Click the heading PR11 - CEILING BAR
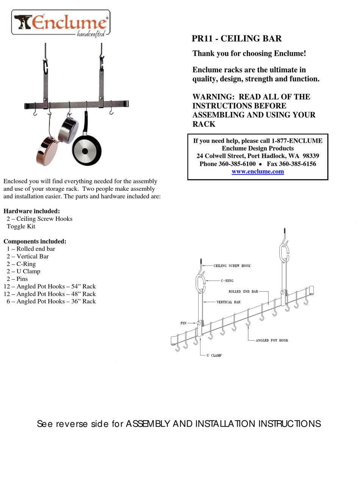pos(236,39)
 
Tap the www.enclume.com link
pos(258,171)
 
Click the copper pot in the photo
pos(47,151)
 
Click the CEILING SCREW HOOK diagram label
pos(232,266)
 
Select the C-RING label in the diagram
pos(227,281)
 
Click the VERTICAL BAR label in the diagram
pos(229,302)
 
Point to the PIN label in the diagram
pos(183,324)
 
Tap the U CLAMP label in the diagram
pos(214,355)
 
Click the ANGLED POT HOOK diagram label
pos(272,340)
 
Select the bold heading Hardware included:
pos(31,211)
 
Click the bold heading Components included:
pos(35,241)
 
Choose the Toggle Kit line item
pos(21,226)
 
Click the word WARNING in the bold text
pos(213,97)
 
